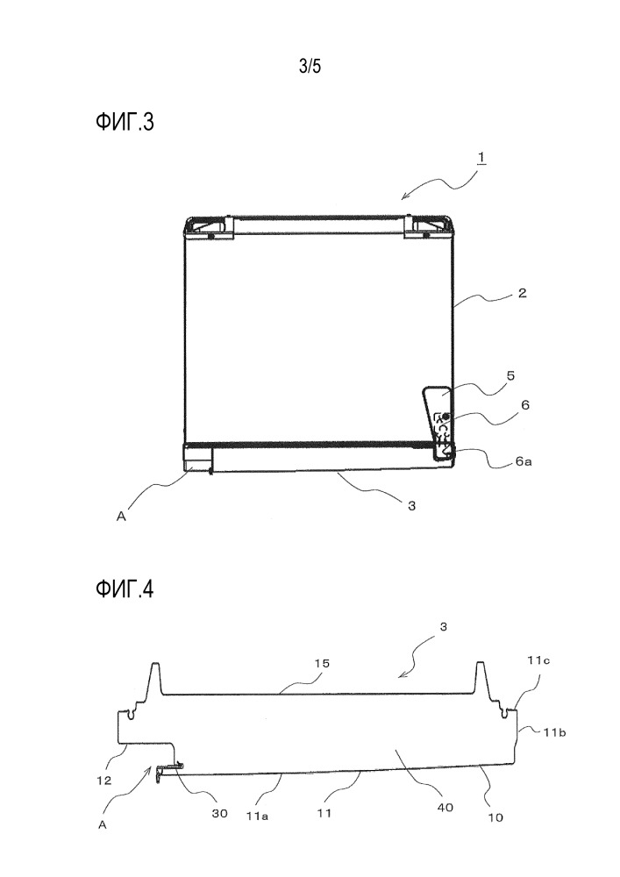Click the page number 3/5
tap(310, 68)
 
